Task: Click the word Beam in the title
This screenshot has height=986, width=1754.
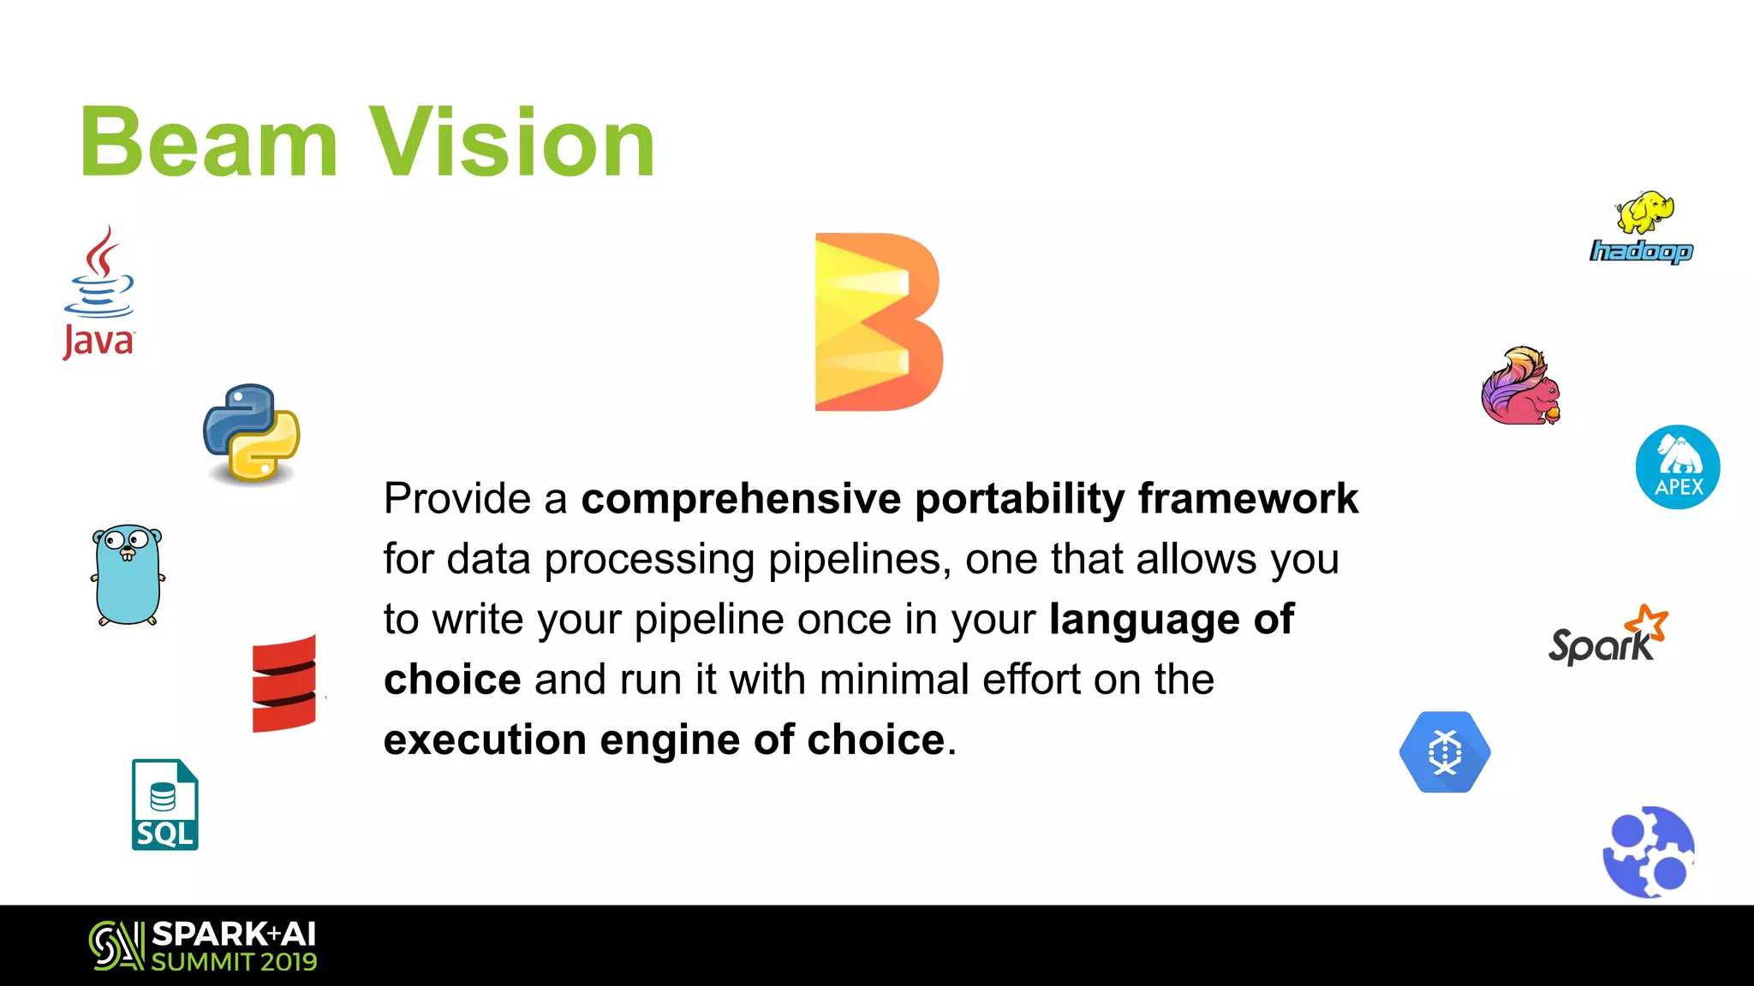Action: pos(209,142)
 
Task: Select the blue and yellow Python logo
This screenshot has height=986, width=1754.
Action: pos(252,433)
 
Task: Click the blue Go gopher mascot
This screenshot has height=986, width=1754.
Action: pos(128,575)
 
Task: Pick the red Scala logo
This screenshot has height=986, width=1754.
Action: pos(284,683)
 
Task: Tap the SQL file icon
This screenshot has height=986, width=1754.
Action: pos(165,805)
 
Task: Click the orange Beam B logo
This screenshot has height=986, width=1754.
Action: pos(878,322)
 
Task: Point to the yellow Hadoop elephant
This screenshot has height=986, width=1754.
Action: pos(1644,212)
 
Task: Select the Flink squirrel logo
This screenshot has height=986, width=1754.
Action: pos(1521,387)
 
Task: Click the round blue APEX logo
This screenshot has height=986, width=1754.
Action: pos(1678,467)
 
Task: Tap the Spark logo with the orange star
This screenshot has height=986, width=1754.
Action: pos(1608,636)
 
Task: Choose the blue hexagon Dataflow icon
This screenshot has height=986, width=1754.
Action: pos(1445,752)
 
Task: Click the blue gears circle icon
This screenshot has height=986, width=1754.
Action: pos(1649,852)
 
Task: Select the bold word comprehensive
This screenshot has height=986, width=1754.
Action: pos(741,499)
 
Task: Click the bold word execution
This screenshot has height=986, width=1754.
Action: pos(485,740)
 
